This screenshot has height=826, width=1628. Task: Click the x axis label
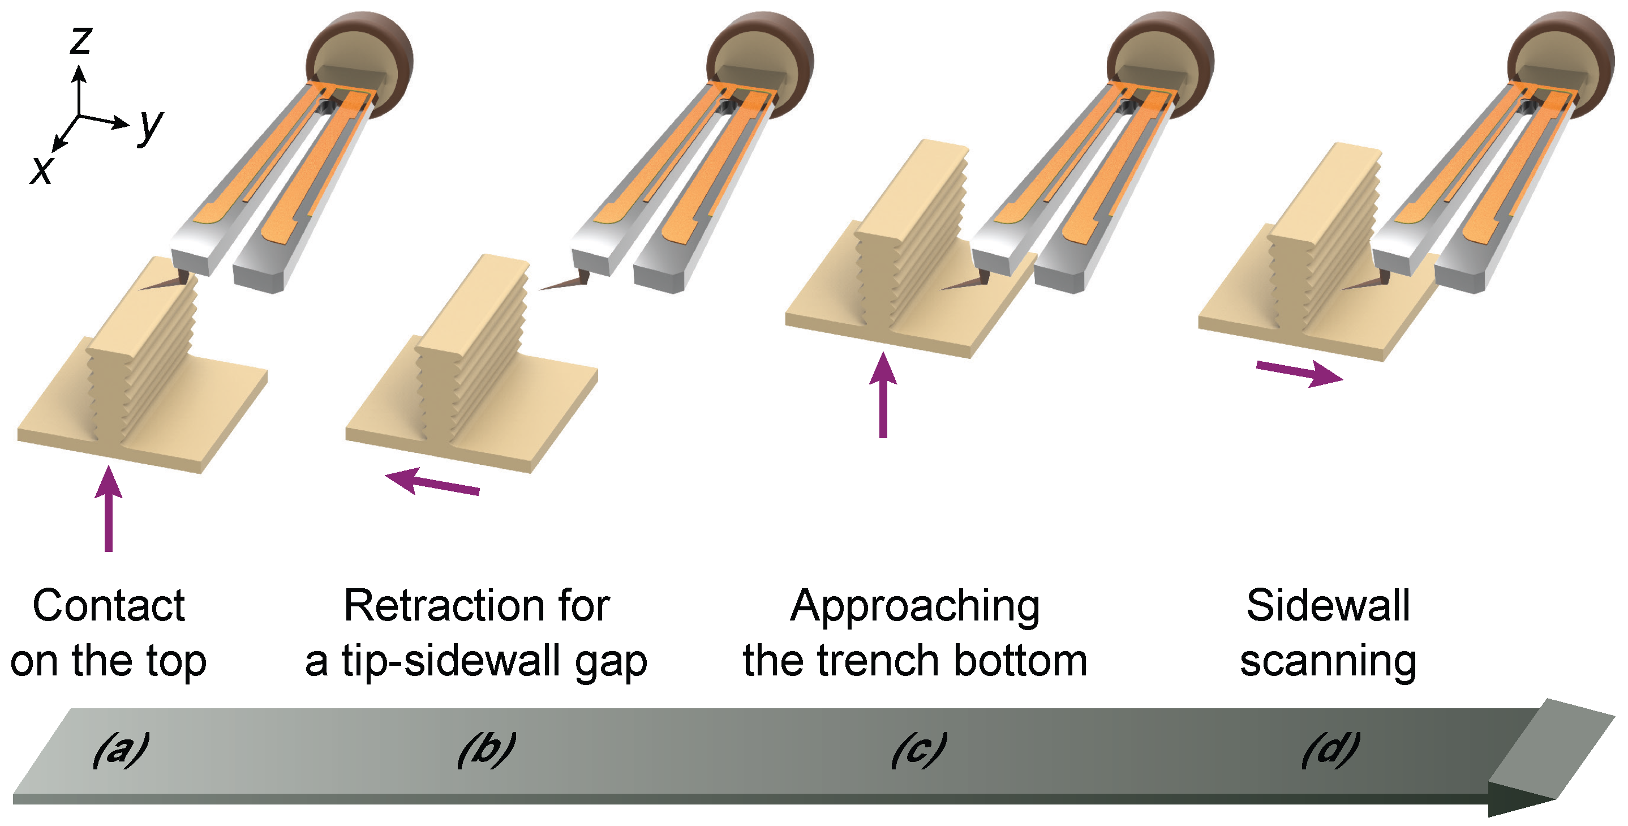click(x=42, y=169)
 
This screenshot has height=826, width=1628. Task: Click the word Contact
click(x=109, y=606)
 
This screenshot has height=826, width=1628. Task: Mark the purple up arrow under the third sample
click(x=883, y=395)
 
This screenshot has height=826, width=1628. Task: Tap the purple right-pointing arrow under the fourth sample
click(x=1299, y=373)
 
